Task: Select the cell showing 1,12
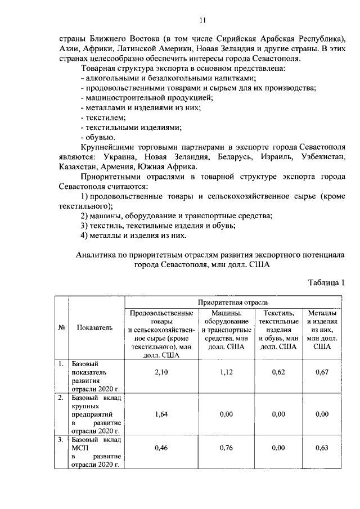pos(225,376)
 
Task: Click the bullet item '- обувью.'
pos(98,137)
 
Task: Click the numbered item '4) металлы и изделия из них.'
pos(133,235)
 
